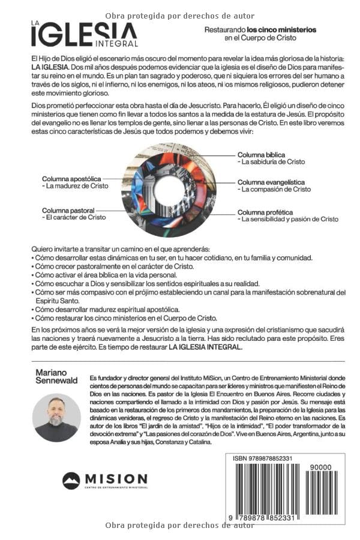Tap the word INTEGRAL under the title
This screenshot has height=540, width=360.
117,43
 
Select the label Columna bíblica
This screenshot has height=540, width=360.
261,154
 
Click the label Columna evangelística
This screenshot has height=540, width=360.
271,182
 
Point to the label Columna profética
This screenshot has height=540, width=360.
265,212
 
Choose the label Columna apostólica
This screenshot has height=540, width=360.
71,179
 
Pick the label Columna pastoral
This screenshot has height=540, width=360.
68,211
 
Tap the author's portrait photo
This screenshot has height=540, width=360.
56,418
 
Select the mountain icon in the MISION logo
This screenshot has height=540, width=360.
71,481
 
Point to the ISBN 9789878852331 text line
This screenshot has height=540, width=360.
263,458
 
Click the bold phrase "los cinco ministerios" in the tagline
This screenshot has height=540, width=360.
281,29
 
